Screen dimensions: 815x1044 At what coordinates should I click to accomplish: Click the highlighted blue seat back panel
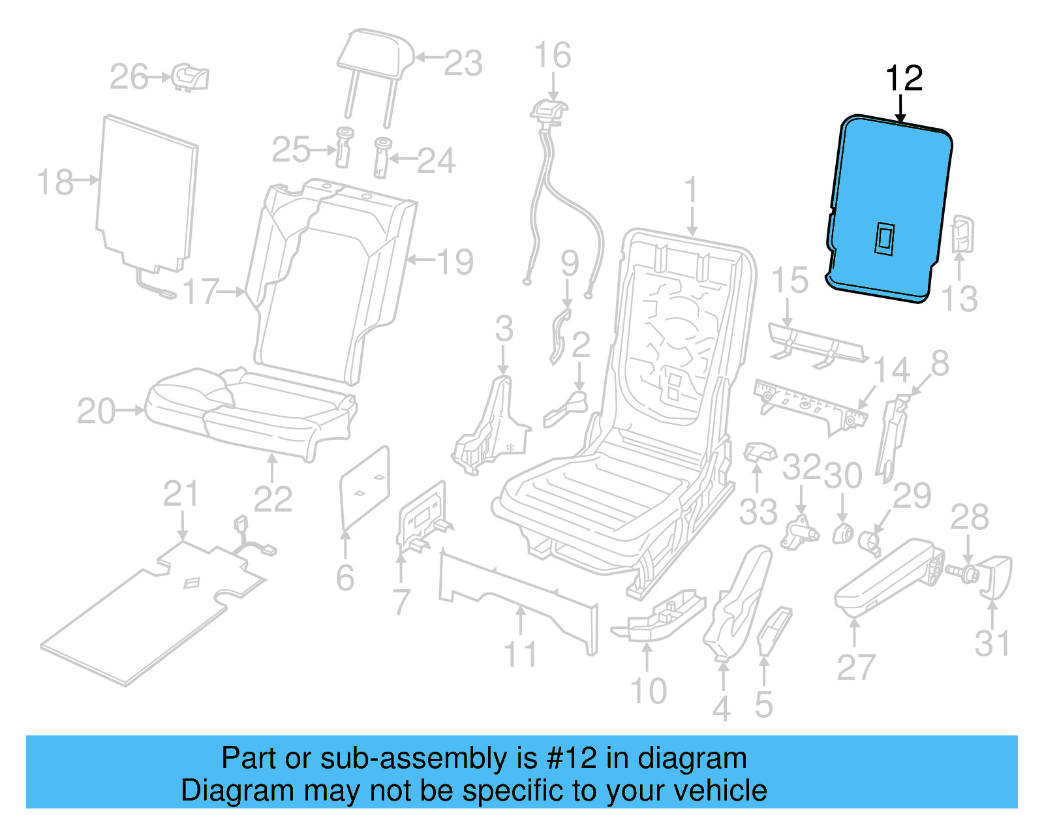click(887, 196)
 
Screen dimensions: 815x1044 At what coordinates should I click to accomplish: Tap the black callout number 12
click(904, 78)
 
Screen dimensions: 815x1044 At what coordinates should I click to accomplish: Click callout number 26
click(129, 77)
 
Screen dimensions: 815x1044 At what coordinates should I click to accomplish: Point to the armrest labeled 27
click(887, 574)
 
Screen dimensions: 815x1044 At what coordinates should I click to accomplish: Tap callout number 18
click(55, 181)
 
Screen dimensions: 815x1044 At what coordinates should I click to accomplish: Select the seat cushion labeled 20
click(248, 411)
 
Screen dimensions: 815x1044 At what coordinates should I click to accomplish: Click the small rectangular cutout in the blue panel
click(884, 238)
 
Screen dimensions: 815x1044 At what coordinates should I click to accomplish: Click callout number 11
click(521, 654)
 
